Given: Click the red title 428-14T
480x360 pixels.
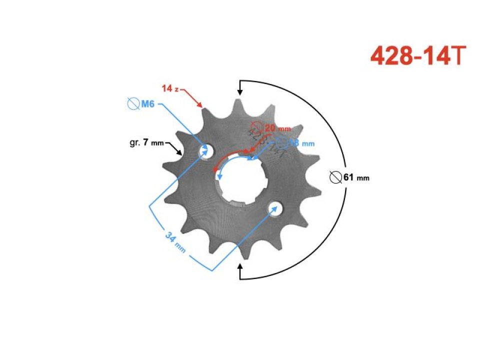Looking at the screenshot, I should [x=418, y=56].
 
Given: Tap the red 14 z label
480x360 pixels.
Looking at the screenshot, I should [x=170, y=88].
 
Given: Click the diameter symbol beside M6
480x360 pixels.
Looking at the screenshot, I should [x=133, y=104].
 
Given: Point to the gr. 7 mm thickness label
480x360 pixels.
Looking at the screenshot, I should [x=146, y=143].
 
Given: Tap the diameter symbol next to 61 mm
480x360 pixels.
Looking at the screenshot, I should [x=335, y=177].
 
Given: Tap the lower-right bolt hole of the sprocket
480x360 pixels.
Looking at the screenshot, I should [x=274, y=207].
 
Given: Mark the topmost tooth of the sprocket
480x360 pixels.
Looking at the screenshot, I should [x=235, y=103].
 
